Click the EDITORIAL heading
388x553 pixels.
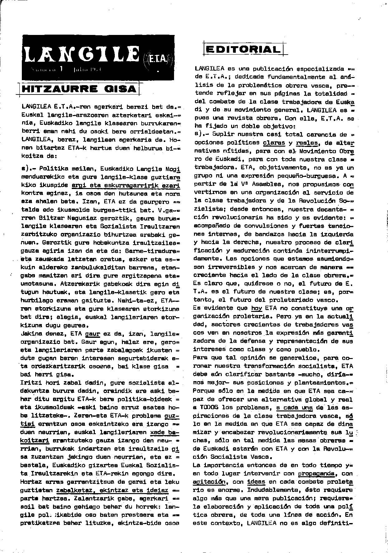click(242, 49)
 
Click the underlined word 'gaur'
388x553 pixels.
click(93, 333)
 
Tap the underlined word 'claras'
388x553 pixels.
click(274, 143)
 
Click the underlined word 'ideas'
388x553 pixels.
click(256, 482)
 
